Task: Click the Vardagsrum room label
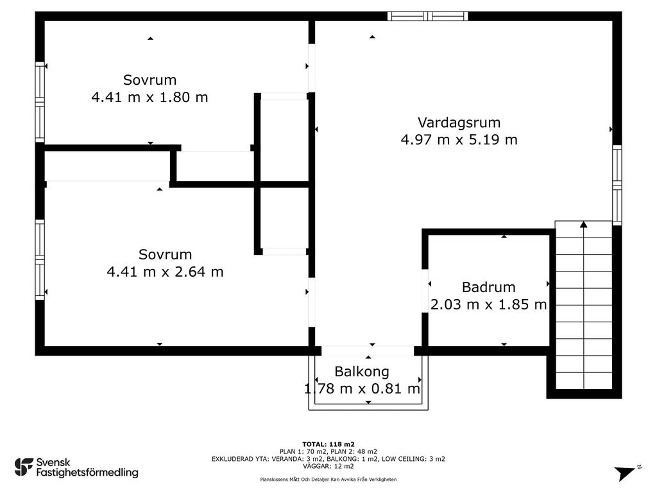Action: click(459, 123)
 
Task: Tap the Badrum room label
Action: click(488, 287)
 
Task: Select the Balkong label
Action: click(362, 372)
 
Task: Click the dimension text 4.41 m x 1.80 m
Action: click(149, 98)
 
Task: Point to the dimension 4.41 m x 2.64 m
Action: click(165, 272)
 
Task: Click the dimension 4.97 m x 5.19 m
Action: click(459, 139)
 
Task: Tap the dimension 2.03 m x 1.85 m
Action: click(488, 304)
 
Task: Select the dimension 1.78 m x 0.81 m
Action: click(362, 388)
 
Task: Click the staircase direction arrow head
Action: click(583, 224)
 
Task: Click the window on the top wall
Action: click(427, 16)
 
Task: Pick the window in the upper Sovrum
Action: click(40, 102)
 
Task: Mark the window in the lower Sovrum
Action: click(40, 260)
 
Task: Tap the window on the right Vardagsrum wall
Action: click(617, 185)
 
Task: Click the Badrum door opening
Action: click(425, 291)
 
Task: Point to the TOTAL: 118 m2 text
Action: click(328, 444)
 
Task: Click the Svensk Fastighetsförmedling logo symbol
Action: click(24, 467)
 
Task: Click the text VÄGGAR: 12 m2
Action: click(328, 466)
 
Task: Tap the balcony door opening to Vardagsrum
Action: click(368, 351)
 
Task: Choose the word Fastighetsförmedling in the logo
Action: click(87, 473)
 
